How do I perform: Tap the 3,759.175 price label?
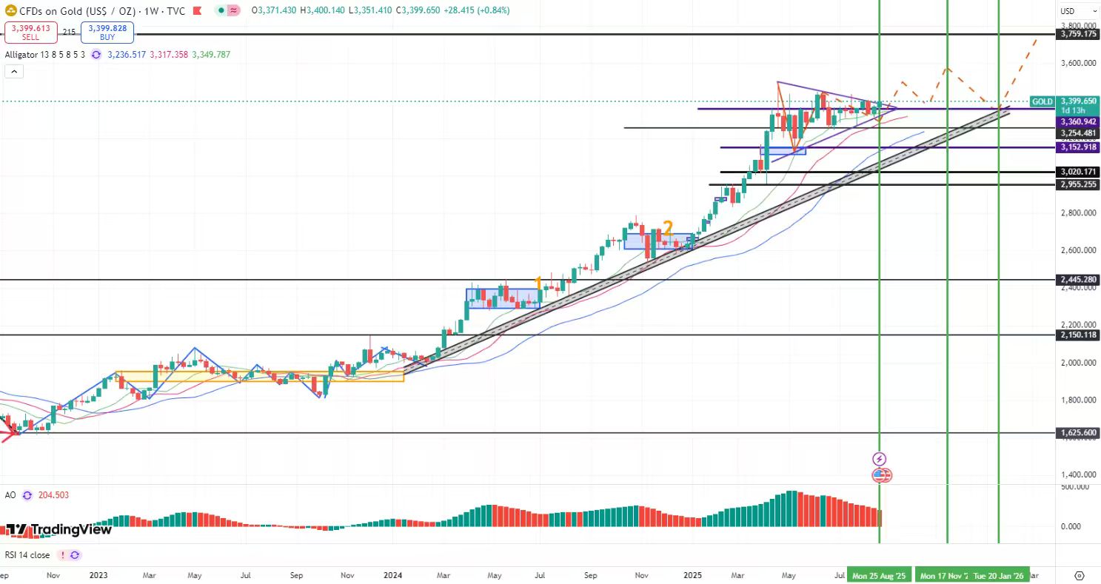tap(1078, 34)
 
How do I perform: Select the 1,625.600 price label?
tap(1078, 432)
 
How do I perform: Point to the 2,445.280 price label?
tap(1078, 280)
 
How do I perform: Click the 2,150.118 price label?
tap(1078, 335)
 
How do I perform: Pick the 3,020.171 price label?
tap(1078, 172)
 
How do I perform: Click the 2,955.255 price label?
tap(1078, 184)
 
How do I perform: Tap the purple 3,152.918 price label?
tap(1078, 147)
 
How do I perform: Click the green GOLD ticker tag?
tap(1043, 101)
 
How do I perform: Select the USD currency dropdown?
tap(1077, 11)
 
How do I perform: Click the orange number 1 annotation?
tap(539, 283)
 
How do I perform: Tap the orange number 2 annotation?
tap(667, 227)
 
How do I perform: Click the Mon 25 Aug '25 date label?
tap(879, 575)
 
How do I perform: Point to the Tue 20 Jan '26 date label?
tap(999, 575)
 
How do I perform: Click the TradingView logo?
tap(59, 530)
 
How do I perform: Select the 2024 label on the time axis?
tap(393, 575)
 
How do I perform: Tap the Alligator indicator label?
tap(44, 55)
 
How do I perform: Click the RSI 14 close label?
tap(27, 555)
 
